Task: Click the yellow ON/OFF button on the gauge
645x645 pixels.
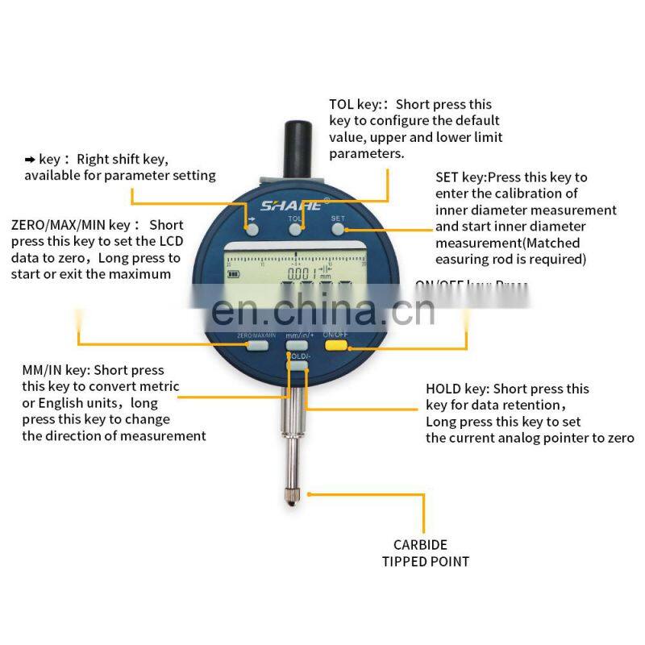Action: click(x=335, y=345)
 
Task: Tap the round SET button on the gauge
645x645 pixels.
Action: click(x=338, y=229)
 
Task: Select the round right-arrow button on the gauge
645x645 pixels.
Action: click(x=252, y=229)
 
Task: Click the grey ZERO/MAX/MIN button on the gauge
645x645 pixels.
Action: click(x=257, y=345)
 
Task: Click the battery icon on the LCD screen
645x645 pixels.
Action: click(x=235, y=273)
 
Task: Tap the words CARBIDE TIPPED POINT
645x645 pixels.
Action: click(x=425, y=552)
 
